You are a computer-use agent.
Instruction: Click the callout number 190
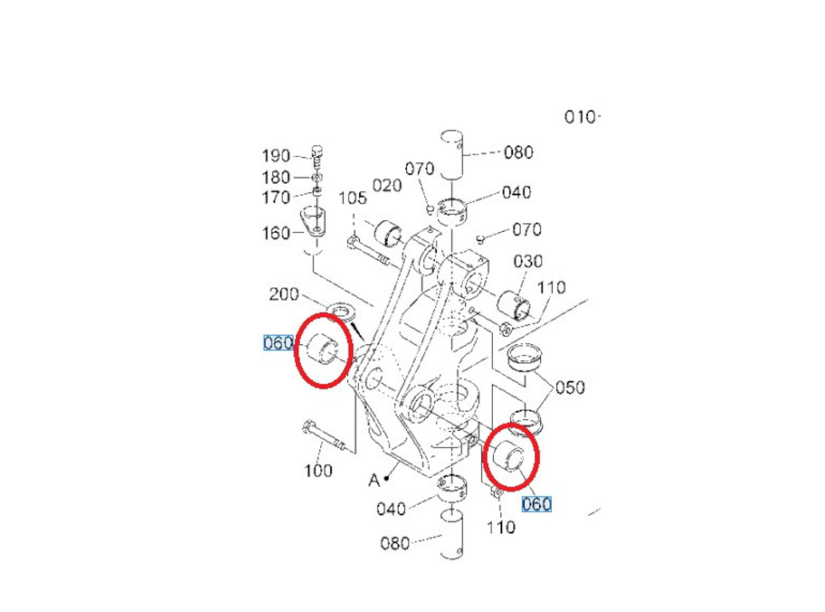click(276, 156)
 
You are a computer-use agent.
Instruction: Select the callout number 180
click(276, 177)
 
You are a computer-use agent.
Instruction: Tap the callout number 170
click(276, 197)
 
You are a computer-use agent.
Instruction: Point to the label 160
click(276, 233)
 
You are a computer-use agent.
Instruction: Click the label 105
click(352, 198)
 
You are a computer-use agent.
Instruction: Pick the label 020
click(387, 185)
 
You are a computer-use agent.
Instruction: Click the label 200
click(284, 294)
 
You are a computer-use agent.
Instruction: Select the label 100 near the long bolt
click(318, 471)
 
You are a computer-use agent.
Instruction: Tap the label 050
click(570, 388)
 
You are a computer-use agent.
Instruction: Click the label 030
click(528, 261)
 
